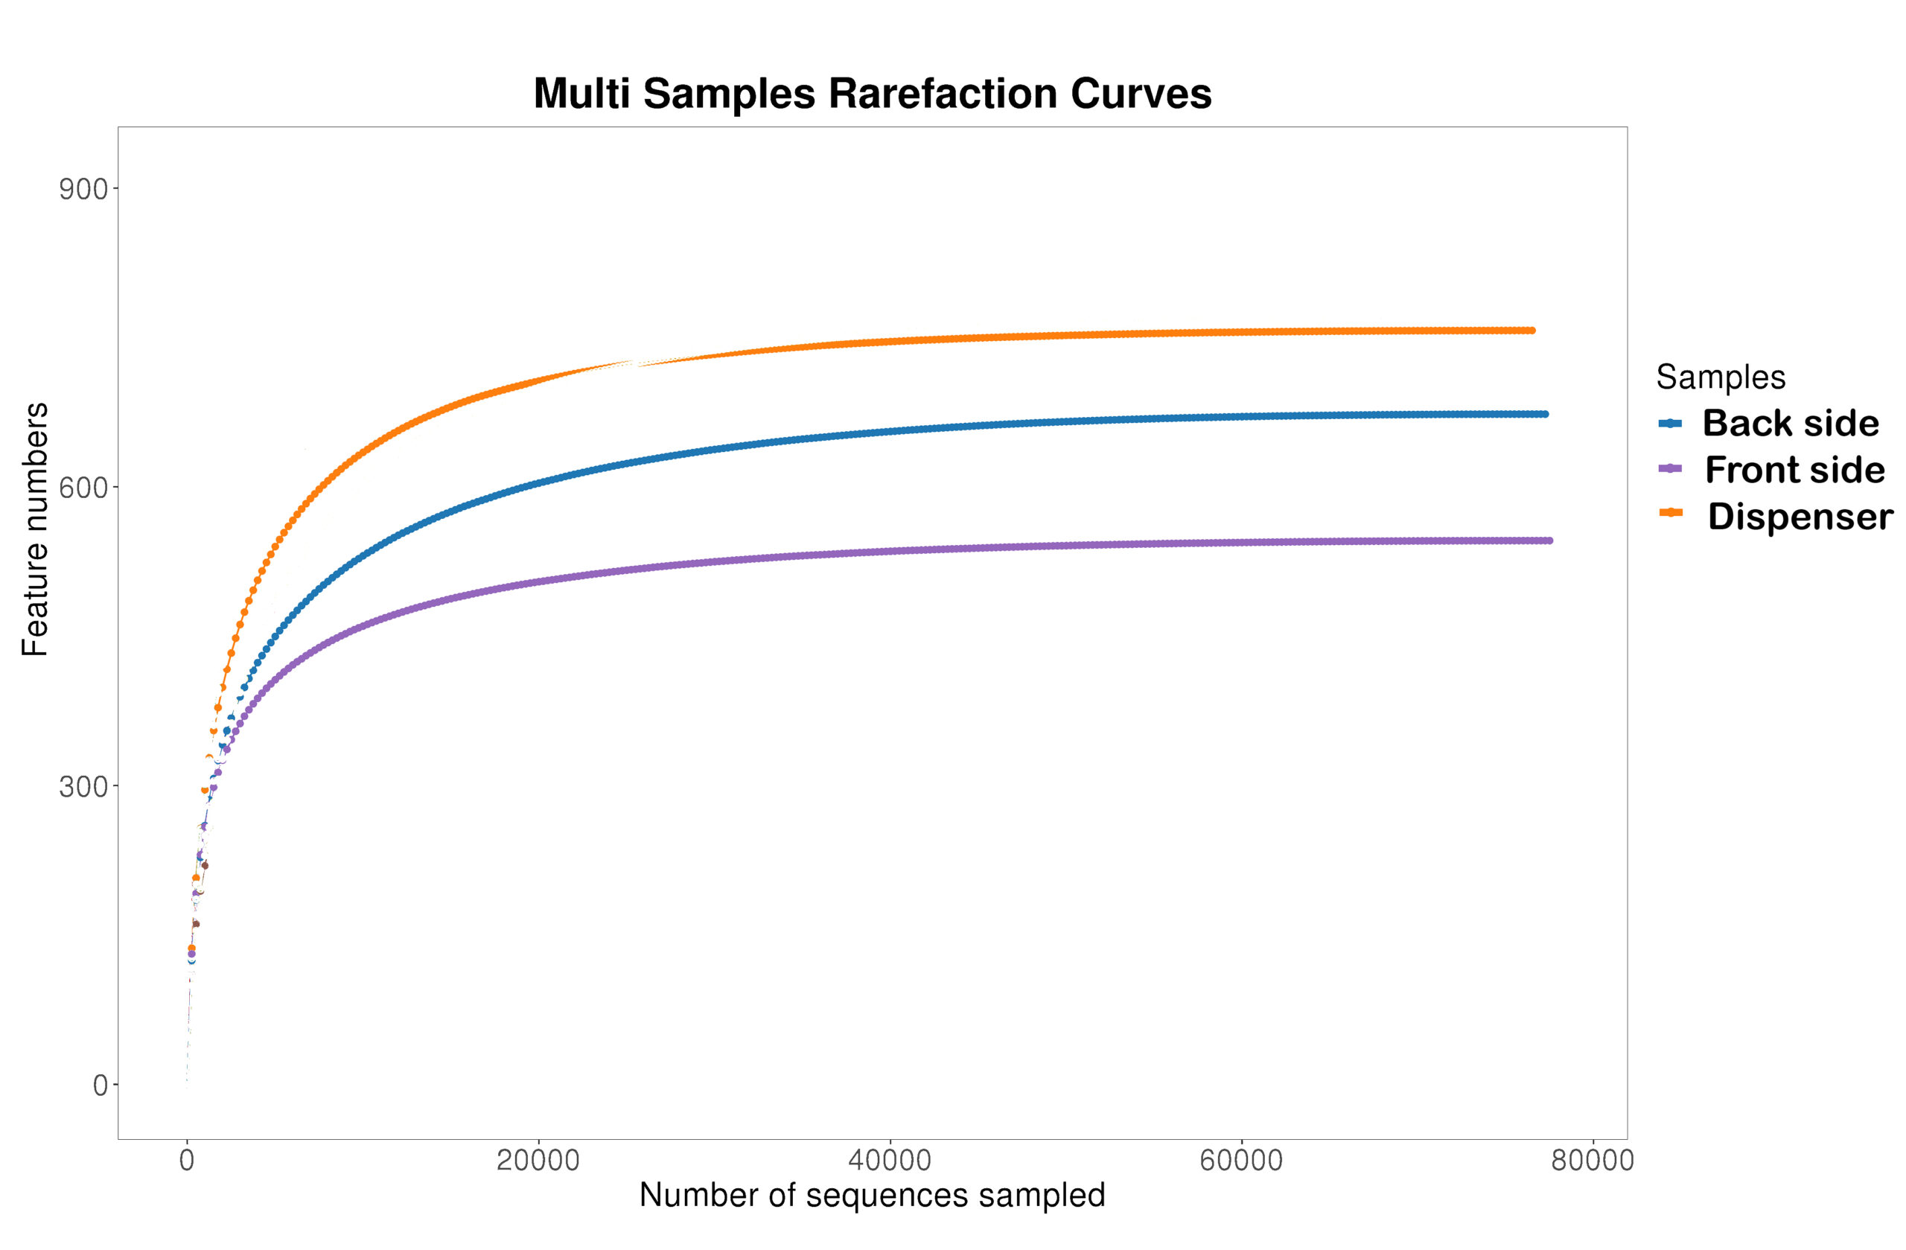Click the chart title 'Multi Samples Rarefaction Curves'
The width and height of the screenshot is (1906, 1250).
[872, 94]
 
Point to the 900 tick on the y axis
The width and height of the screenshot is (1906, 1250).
[83, 190]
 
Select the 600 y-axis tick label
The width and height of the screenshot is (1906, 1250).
[83, 488]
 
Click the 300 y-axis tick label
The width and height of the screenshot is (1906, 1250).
[83, 786]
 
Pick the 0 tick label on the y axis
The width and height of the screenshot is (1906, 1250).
[100, 1085]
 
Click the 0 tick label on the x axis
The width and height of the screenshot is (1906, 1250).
[187, 1161]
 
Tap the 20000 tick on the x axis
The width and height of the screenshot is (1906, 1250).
[538, 1161]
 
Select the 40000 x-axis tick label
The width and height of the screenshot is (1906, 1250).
[890, 1161]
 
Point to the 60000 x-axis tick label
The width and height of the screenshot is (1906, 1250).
[1241, 1161]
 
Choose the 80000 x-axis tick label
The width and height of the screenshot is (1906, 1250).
[1592, 1161]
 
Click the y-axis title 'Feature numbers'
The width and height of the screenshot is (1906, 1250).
[35, 529]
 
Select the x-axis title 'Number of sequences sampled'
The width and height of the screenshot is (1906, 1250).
[872, 1196]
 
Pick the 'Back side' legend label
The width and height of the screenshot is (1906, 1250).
[1790, 423]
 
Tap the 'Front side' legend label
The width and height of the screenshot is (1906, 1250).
[1794, 469]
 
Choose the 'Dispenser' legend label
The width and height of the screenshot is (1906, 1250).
[1800, 516]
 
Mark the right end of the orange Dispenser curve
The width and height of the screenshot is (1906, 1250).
[1532, 330]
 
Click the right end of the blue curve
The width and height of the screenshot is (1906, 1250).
[1546, 414]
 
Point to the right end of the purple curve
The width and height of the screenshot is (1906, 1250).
[1550, 541]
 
